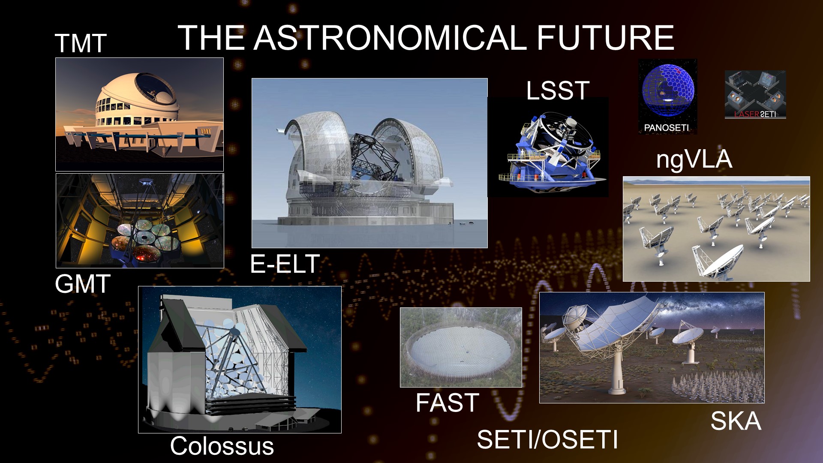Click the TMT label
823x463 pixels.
(81, 43)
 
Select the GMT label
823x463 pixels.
(83, 283)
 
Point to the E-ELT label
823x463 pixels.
(285, 263)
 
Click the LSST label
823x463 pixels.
(558, 90)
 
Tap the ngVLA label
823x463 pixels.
(694, 159)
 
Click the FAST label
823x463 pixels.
(448, 403)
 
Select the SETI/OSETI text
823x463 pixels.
(547, 439)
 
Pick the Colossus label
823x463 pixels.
(222, 446)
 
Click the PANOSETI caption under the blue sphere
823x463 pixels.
(667, 127)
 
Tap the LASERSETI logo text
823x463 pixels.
(755, 114)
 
